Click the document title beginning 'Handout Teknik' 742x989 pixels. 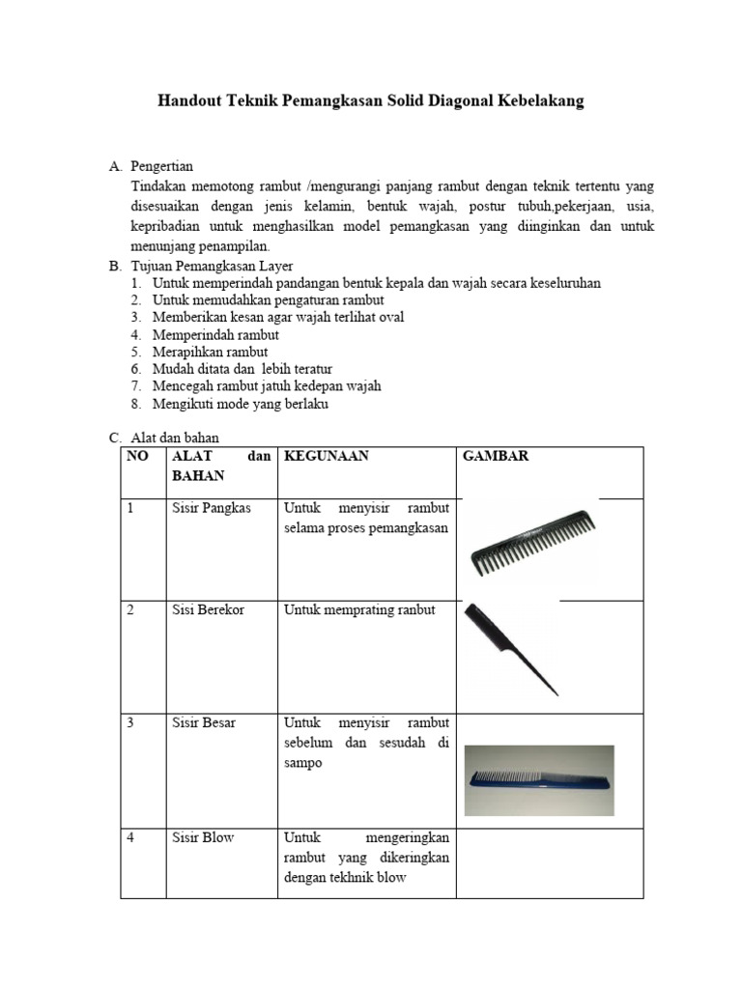371,100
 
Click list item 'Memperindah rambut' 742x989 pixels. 208,334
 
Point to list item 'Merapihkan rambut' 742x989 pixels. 210,352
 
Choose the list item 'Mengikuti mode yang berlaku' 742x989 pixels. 240,404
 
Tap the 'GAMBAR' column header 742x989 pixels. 497,457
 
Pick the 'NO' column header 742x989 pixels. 137,457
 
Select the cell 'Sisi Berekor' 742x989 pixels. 209,609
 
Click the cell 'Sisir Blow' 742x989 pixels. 203,837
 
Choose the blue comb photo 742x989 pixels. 539,780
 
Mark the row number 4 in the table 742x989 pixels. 130,837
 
